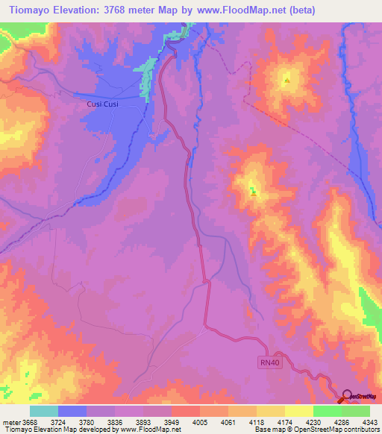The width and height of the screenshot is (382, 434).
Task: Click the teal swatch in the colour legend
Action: point(44,411)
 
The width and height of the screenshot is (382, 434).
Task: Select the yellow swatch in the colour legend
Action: point(299,411)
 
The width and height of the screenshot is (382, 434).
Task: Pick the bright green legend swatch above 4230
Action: point(327,411)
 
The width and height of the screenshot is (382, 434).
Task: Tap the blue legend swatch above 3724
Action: point(72,411)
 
